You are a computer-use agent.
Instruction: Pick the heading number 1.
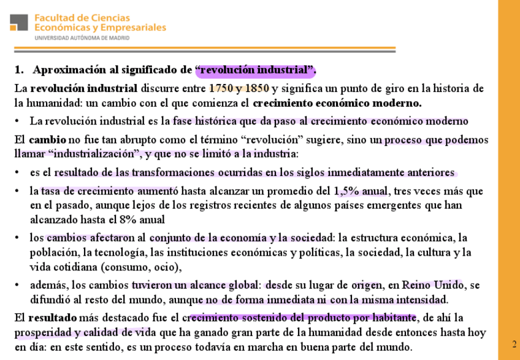tap(18, 69)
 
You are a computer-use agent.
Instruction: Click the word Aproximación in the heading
tap(63, 69)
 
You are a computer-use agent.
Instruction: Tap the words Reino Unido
tap(438, 285)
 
